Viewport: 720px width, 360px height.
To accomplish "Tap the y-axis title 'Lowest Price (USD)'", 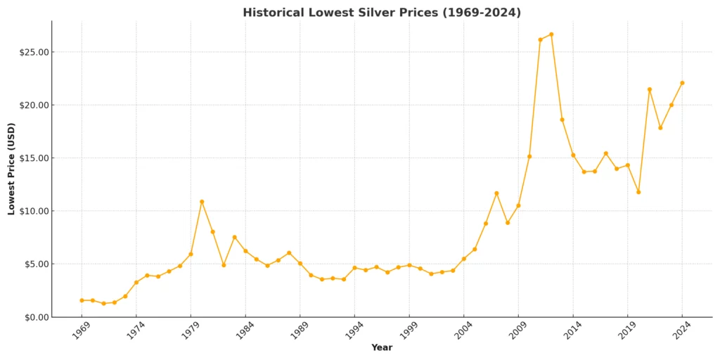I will [12, 169].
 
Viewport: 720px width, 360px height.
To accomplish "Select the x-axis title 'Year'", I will [382, 347].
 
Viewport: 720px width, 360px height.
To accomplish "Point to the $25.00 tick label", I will [33, 52].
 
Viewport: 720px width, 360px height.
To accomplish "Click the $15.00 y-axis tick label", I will [33, 158].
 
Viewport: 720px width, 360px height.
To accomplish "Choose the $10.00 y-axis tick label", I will [33, 211].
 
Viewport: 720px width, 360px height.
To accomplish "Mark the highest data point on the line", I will [551, 34].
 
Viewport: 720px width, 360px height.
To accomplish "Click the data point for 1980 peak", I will [202, 202].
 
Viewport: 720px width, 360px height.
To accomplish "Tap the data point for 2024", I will [682, 83].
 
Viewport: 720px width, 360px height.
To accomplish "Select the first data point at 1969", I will [82, 300].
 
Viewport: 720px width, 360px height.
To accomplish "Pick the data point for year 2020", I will [638, 192].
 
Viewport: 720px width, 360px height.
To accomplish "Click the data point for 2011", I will [540, 40].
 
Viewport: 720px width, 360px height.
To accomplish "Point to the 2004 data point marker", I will [463, 259].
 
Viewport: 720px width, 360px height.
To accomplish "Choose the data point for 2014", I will [573, 155].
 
